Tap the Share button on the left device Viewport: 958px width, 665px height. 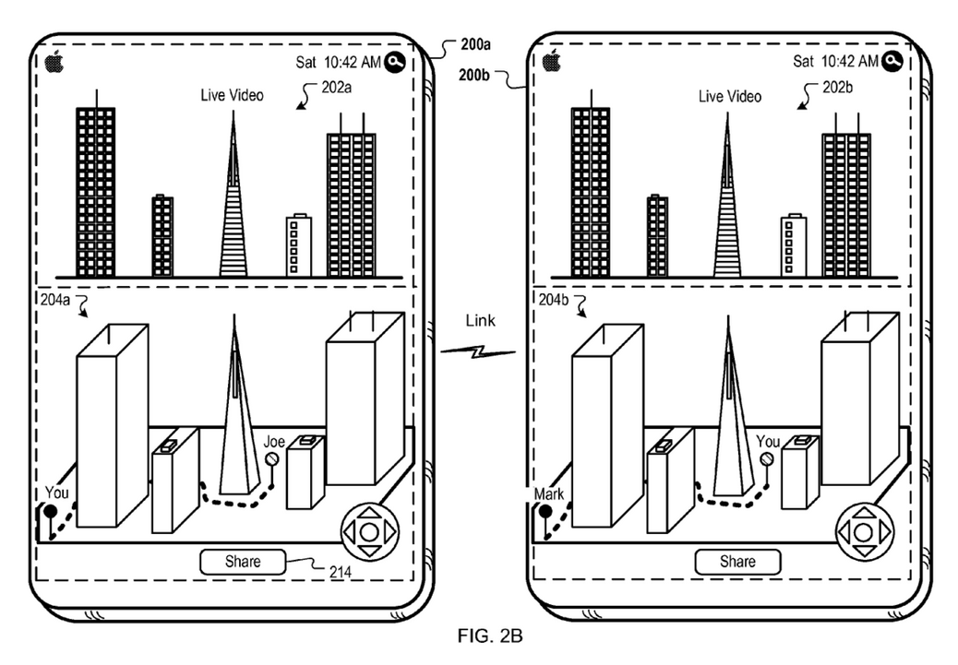[243, 562]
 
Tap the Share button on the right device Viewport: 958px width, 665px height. [737, 562]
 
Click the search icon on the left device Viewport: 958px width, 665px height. [395, 62]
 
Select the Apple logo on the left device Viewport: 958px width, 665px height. [54, 61]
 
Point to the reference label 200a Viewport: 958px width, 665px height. [475, 44]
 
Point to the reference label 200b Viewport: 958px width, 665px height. [474, 75]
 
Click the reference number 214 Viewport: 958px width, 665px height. [341, 572]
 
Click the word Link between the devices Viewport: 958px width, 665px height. [480, 321]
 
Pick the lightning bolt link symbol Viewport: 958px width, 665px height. [478, 351]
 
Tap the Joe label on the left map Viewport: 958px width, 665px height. [274, 442]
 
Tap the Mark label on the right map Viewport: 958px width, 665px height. [548, 493]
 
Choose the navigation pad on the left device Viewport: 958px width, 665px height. [369, 532]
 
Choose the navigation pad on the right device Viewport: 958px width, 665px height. [863, 532]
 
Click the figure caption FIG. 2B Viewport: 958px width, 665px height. [490, 635]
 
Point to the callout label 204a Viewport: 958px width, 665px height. [55, 300]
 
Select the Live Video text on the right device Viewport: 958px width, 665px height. [729, 97]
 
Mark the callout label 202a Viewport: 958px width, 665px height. [337, 88]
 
